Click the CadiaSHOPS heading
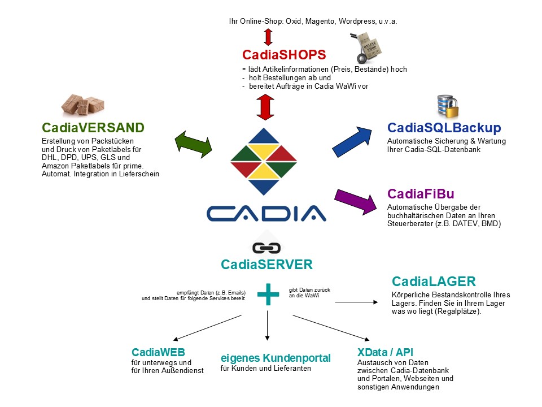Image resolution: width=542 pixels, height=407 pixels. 284,55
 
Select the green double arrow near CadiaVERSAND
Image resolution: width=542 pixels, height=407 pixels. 194,141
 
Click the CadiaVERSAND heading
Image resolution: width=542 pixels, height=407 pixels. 93,127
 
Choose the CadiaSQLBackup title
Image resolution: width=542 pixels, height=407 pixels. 444,128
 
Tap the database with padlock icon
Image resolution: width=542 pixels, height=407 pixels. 445,107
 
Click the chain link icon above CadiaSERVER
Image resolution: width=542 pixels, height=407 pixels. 266,248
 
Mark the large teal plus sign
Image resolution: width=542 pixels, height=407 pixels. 268,295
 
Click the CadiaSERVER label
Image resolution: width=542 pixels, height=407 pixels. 266,264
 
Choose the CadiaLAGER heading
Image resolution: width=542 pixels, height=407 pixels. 434,282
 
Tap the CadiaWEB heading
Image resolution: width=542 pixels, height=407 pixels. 158,352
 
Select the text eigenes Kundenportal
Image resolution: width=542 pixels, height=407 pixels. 276,358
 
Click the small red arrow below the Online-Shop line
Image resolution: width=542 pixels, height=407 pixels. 268,37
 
